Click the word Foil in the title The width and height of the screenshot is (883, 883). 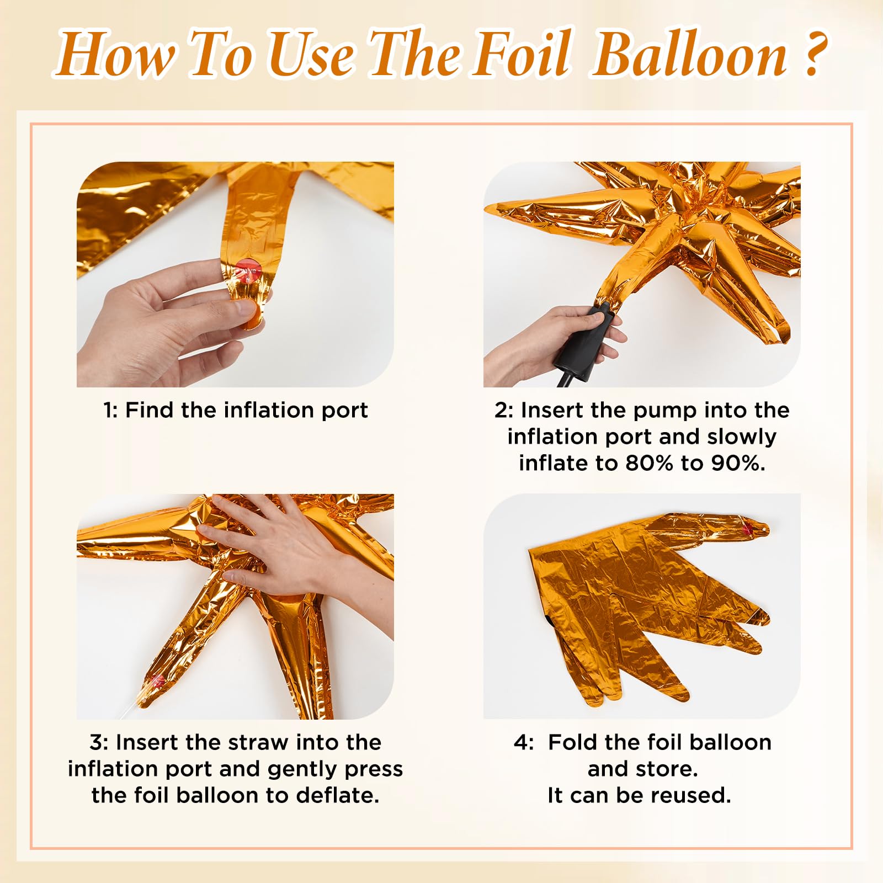(521, 54)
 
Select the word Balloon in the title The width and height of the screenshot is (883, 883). (690, 54)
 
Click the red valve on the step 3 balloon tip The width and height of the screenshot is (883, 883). (156, 681)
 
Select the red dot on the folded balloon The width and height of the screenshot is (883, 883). (748, 529)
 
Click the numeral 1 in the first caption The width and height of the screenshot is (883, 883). (108, 411)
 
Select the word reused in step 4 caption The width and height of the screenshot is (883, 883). (690, 796)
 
